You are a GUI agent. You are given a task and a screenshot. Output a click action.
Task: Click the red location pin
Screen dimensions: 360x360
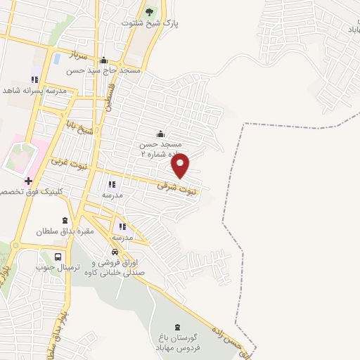[x=181, y=165]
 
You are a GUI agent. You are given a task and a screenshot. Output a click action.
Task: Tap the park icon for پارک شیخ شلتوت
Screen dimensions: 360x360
[x=148, y=12]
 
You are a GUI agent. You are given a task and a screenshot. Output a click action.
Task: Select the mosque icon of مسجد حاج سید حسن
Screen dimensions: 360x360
[x=104, y=60]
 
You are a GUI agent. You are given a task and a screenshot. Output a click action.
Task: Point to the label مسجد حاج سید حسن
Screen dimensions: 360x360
[x=104, y=71]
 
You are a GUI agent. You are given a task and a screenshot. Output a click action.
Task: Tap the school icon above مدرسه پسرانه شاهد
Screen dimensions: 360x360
[x=34, y=79]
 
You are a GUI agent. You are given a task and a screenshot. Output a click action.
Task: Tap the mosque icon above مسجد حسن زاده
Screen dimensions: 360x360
[x=160, y=134]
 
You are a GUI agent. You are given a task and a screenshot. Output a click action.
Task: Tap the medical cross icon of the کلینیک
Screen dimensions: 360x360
[x=28, y=181]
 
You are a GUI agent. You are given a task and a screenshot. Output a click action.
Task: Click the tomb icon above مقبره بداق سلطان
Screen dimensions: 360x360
[x=65, y=220]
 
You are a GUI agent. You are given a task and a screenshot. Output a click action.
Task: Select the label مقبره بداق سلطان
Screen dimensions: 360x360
[x=65, y=231]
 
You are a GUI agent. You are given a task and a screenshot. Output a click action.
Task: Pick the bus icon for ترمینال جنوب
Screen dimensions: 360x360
[x=58, y=257]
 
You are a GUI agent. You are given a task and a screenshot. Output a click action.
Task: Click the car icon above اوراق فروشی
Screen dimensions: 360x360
[x=115, y=252]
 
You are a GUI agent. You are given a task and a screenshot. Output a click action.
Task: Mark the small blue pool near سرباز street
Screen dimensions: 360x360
[x=56, y=58]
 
